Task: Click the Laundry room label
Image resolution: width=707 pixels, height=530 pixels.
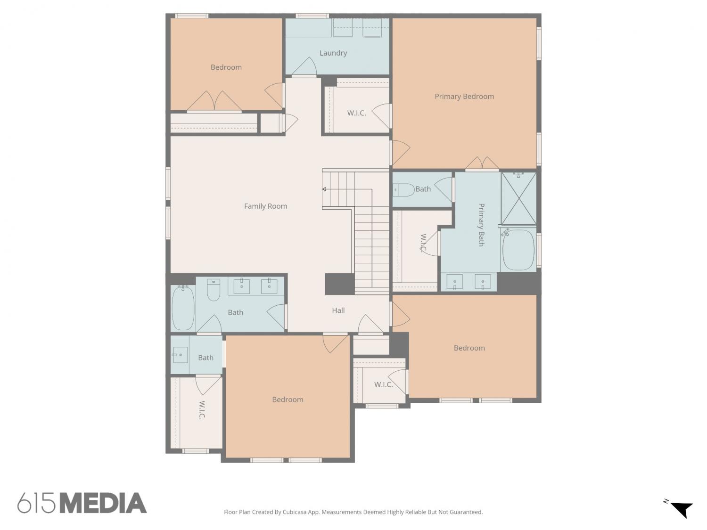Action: pyautogui.click(x=333, y=53)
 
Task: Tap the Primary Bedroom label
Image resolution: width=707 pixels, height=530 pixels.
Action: pyautogui.click(x=464, y=97)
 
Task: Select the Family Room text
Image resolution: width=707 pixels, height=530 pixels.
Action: pyautogui.click(x=265, y=206)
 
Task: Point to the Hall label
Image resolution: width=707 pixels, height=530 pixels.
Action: pyautogui.click(x=338, y=310)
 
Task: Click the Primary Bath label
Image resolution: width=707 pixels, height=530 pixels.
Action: pyautogui.click(x=481, y=225)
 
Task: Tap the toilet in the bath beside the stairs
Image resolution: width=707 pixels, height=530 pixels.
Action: pyautogui.click(x=403, y=190)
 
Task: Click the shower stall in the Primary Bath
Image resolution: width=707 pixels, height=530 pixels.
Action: pyautogui.click(x=518, y=198)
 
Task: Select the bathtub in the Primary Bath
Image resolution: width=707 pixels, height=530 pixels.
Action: pyautogui.click(x=518, y=250)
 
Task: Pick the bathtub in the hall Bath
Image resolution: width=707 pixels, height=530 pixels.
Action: pyautogui.click(x=183, y=308)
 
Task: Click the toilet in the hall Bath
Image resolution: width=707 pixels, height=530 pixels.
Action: pyautogui.click(x=213, y=290)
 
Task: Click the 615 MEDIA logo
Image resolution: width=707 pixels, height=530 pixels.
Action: pyautogui.click(x=82, y=503)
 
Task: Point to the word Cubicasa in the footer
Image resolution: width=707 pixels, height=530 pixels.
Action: pyautogui.click(x=295, y=512)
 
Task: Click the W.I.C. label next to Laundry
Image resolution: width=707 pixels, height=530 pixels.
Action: pyautogui.click(x=356, y=113)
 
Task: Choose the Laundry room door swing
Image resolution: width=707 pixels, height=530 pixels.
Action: pyautogui.click(x=304, y=66)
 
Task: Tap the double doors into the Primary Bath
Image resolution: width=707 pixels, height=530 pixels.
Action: pyautogui.click(x=482, y=163)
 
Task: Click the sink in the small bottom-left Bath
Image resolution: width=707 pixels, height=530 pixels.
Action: pyautogui.click(x=180, y=355)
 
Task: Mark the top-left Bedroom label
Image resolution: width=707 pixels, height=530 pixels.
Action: pyautogui.click(x=226, y=67)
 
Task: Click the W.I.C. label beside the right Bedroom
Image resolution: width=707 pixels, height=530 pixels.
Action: pyautogui.click(x=383, y=384)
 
